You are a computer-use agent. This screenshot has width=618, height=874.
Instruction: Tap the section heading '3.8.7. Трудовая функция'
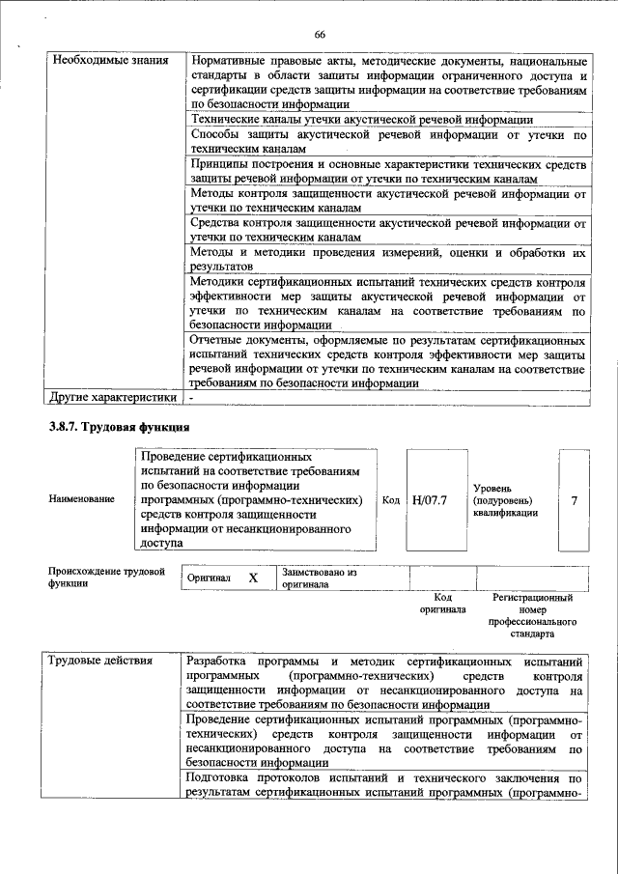coord(120,427)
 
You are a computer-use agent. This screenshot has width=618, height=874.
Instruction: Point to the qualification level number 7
coord(575,500)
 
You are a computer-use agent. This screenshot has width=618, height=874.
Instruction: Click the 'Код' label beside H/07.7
coord(390,500)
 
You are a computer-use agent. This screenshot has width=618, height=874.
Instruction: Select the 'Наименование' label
coord(81,499)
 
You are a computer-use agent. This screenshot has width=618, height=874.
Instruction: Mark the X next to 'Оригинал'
coord(253,578)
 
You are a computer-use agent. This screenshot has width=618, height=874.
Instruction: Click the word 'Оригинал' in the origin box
coord(209,578)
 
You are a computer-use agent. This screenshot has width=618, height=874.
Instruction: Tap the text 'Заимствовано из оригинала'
coord(319,578)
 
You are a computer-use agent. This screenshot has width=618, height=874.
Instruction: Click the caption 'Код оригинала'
coord(442,604)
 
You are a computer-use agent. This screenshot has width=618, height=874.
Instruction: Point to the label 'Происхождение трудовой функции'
coord(100,578)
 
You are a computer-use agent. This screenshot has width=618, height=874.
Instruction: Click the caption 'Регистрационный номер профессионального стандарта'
coord(533,617)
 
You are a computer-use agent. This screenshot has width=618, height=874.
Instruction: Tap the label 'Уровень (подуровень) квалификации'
coord(502,500)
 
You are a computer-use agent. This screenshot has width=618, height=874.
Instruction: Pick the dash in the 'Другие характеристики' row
coord(191,396)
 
